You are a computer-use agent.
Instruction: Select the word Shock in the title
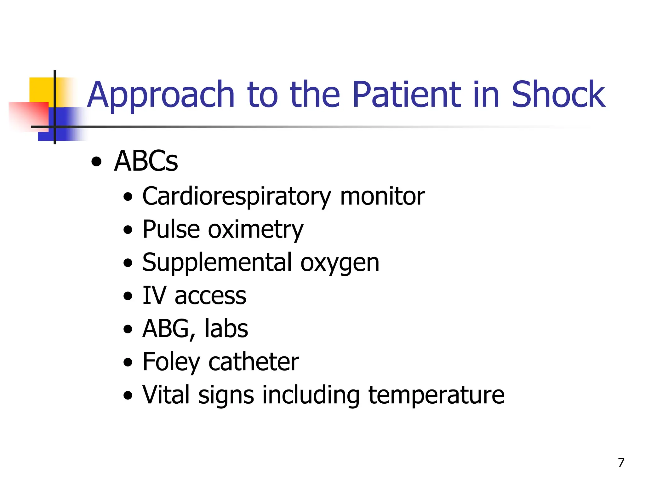tap(558, 95)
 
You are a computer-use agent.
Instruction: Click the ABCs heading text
tap(146, 161)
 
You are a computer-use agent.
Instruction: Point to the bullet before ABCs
tap(96, 163)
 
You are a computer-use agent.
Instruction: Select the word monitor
tap(382, 197)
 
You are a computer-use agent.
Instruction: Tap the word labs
tap(226, 329)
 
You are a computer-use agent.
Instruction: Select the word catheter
tap(254, 362)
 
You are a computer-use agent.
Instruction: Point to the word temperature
tap(436, 395)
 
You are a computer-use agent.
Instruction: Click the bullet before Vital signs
tap(128, 395)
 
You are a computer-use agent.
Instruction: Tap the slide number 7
tap(621, 463)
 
